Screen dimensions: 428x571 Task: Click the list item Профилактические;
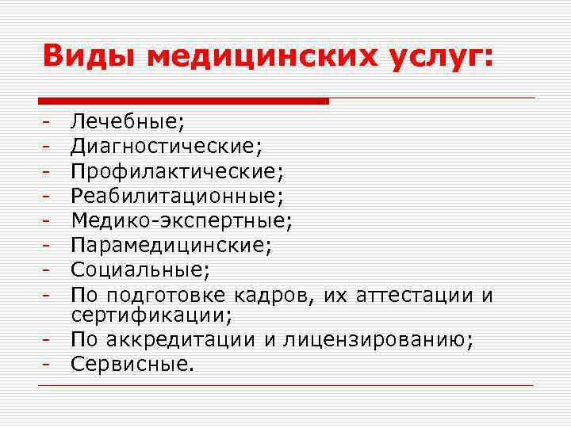[177, 170]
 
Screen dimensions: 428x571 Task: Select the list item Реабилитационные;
[177, 195]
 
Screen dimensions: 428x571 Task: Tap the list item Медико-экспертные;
[182, 220]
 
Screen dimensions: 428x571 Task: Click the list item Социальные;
[140, 270]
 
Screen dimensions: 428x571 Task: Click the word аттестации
[412, 296]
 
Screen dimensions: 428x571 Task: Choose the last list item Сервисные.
[132, 365]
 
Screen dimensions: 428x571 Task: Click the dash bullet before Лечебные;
[48, 122]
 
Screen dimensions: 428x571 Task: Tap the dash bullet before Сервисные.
[48, 365]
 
